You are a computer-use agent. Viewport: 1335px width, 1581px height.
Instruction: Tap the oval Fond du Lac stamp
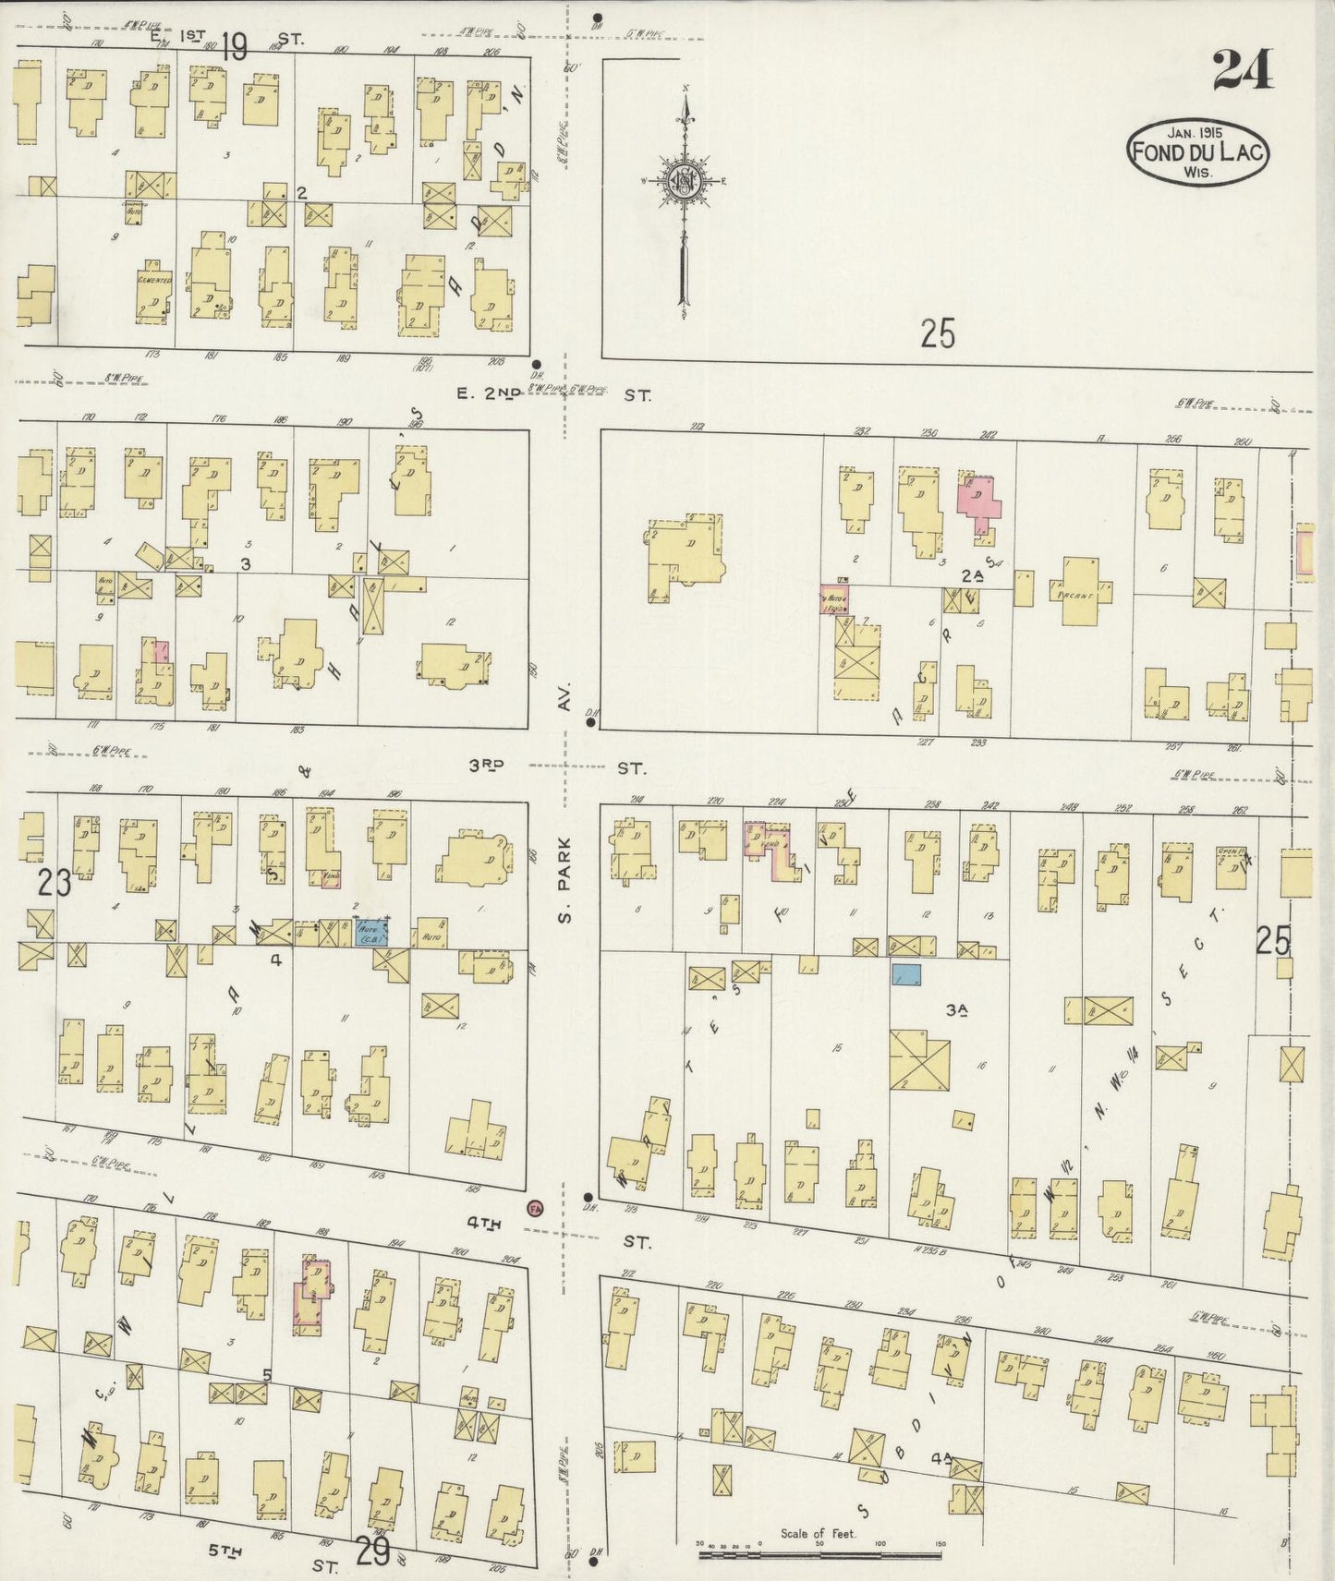click(1196, 152)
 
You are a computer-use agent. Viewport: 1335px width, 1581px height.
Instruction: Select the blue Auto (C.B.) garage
click(371, 932)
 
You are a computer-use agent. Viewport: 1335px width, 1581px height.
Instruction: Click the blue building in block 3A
click(906, 974)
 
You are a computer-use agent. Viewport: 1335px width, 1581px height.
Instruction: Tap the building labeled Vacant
click(1079, 591)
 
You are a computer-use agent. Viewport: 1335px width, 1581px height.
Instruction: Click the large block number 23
click(55, 884)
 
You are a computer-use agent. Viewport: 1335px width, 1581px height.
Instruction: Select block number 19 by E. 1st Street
click(234, 46)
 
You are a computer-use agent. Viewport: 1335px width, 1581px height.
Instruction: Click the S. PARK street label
click(565, 878)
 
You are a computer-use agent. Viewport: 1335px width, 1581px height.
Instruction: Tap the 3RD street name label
click(490, 765)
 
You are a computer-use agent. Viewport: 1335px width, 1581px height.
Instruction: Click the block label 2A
click(970, 574)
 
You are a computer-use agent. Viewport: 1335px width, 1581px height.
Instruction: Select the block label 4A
click(942, 1460)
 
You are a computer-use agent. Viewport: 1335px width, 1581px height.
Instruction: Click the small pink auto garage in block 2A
click(834, 599)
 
